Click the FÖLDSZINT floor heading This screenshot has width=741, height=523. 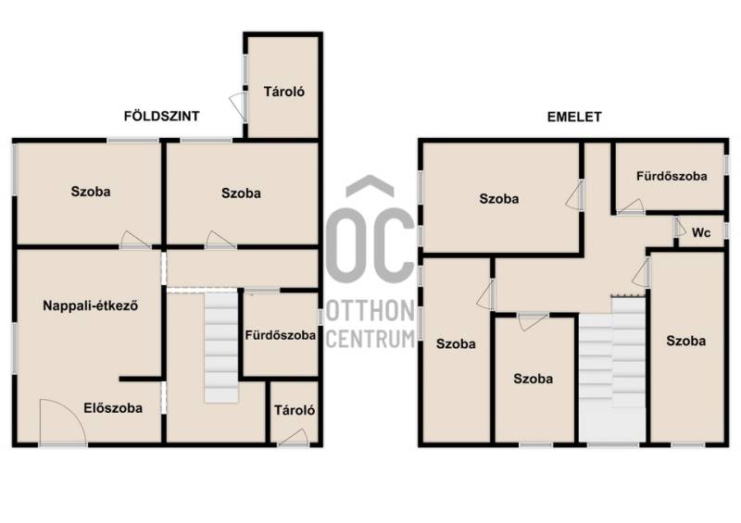click(161, 116)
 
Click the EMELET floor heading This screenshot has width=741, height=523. click(574, 117)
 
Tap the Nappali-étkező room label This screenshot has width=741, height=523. click(90, 305)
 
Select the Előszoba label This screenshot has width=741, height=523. click(113, 407)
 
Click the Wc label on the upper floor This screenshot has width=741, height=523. click(701, 232)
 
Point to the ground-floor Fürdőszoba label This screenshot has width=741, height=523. click(281, 335)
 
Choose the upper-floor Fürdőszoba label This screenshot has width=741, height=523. click(672, 176)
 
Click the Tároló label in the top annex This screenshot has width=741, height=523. click(284, 92)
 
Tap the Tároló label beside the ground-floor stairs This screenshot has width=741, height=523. click(295, 410)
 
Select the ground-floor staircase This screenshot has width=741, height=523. click(220, 347)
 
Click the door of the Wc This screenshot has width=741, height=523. click(680, 227)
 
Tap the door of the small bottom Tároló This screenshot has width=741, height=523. click(294, 437)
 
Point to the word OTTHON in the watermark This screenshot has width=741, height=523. click(370, 311)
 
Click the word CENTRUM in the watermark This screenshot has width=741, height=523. click(370, 339)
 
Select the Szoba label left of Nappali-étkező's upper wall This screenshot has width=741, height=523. click(91, 192)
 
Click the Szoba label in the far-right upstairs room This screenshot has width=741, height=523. click(686, 341)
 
